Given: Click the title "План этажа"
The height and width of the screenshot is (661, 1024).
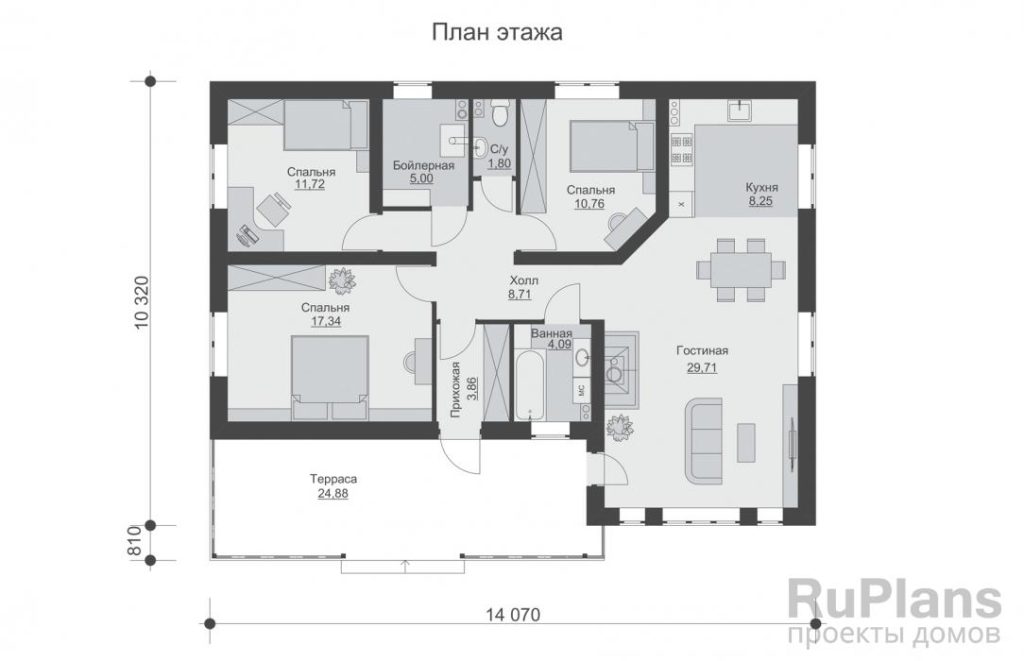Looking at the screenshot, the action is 496,32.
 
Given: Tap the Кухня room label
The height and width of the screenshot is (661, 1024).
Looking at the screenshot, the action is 761,187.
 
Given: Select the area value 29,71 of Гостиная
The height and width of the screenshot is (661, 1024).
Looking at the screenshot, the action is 702,367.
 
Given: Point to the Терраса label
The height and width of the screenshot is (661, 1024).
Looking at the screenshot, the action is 333,479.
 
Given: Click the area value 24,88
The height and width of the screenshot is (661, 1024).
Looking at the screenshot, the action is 333,494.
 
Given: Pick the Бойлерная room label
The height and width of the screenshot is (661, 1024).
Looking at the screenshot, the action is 423,165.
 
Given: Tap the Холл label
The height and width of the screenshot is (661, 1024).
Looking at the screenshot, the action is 524,281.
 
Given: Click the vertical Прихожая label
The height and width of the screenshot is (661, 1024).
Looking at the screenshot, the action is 455,389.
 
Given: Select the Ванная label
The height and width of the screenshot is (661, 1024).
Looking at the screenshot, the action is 551,332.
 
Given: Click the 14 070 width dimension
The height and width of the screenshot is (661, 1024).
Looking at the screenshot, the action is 513,615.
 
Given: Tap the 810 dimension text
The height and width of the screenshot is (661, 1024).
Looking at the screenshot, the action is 136,541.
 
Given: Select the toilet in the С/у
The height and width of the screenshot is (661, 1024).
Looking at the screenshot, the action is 501,113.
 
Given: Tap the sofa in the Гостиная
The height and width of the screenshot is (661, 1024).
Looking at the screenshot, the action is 704,440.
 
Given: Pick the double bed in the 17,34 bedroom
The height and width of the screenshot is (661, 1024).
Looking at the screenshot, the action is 329,377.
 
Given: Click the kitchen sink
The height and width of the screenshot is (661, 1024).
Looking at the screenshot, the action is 740,110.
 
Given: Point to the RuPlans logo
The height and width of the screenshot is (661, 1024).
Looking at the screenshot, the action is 894,612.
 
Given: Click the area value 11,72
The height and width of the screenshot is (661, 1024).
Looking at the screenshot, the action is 310,184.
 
